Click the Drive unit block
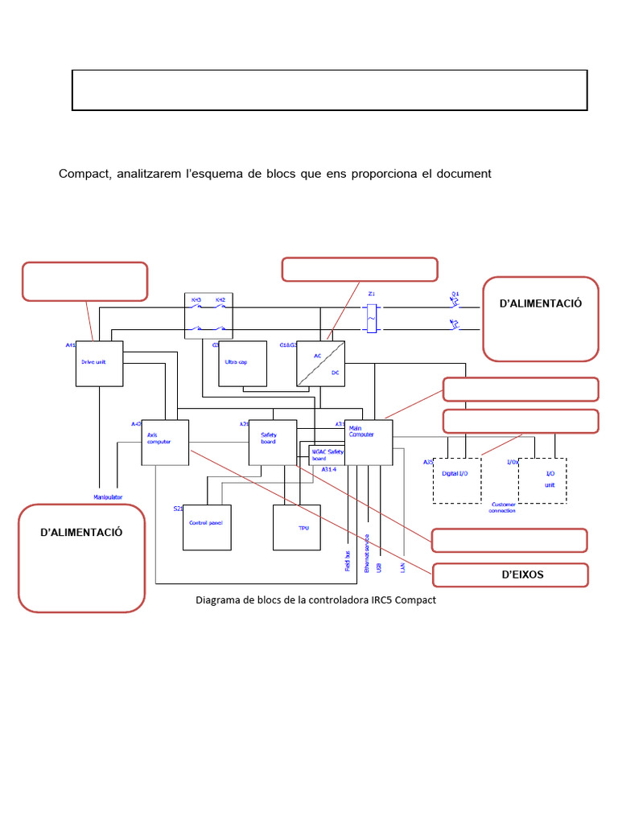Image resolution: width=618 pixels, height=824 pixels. point(98,363)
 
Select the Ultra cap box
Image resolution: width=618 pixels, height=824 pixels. point(242,364)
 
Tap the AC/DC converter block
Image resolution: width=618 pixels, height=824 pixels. point(320,364)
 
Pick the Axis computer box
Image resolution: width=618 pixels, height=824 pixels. point(165,442)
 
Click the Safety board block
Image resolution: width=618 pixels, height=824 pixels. point(272,442)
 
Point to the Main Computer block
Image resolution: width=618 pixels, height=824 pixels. point(369,442)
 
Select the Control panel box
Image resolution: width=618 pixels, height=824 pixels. point(207,527)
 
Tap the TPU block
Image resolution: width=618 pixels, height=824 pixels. point(296,527)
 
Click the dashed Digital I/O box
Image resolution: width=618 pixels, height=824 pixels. point(457,480)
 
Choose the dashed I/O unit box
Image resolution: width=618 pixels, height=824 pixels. point(542,480)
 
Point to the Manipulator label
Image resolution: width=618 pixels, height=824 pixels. point(108,497)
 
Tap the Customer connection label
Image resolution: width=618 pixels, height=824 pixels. point(502,508)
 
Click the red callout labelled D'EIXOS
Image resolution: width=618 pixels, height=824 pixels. point(510,575)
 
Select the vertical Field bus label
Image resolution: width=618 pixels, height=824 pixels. point(348,561)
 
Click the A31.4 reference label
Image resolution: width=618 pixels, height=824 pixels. point(329,469)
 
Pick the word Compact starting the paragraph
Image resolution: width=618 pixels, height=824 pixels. point(84,174)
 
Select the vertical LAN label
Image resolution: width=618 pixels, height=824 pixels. point(402,566)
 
